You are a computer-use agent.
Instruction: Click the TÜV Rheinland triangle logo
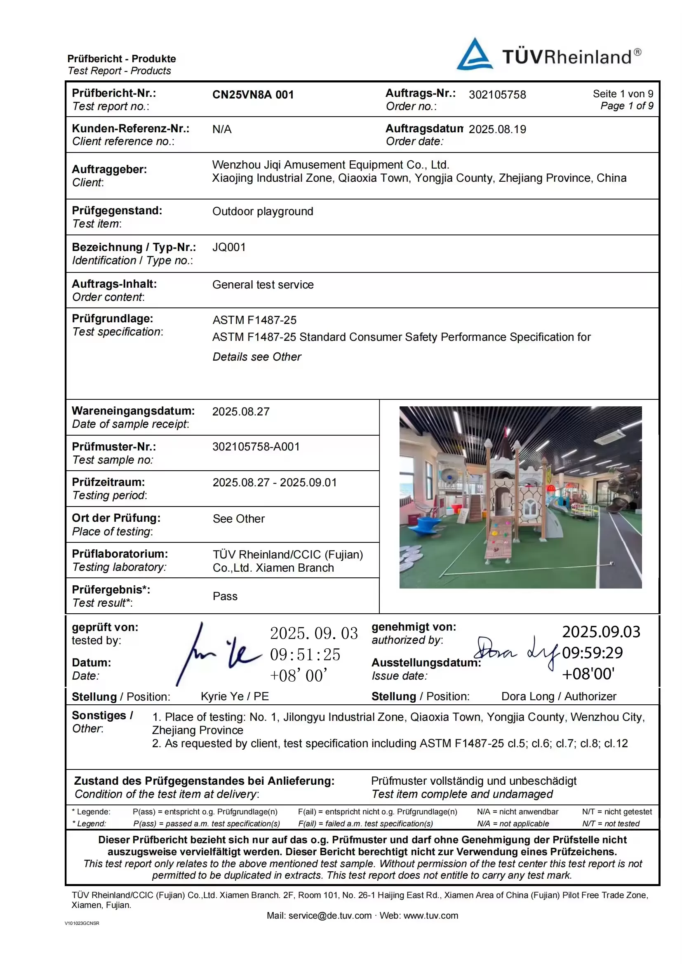point(475,55)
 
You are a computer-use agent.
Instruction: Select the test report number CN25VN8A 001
point(253,95)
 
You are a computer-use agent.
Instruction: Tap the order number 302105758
point(497,95)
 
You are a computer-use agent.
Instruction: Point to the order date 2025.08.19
point(497,129)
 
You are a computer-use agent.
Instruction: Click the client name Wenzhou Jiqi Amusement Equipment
point(331,165)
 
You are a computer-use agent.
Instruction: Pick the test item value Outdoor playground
point(263,211)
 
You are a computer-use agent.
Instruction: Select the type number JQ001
point(229,247)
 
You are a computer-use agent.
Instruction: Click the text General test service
point(263,285)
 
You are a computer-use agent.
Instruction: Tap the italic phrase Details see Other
point(256,357)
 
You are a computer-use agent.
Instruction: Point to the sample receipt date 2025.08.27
point(241,412)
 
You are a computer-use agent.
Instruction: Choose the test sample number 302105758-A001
point(256,447)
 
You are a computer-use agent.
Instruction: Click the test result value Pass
point(225,597)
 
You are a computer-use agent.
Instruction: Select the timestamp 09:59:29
point(592,653)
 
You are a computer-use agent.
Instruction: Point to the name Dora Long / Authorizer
point(559,697)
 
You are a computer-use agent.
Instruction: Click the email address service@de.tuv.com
point(330,916)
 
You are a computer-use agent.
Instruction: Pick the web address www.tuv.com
point(430,916)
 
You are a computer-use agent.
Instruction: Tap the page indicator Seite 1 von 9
point(623,94)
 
